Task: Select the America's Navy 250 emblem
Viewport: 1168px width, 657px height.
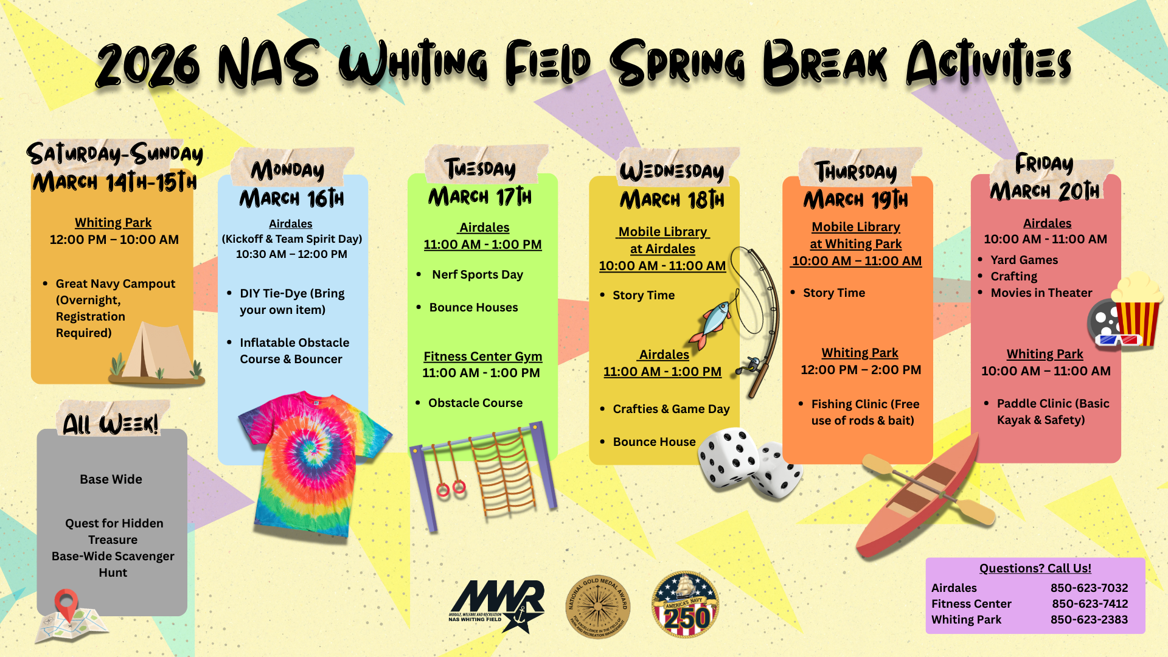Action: (x=686, y=604)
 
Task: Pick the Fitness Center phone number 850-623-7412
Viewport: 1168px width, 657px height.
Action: (x=1090, y=603)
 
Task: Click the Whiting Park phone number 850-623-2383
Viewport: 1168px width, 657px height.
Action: (x=1089, y=619)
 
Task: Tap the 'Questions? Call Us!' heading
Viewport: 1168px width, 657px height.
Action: (x=1035, y=568)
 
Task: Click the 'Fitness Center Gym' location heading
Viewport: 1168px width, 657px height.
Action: (x=482, y=356)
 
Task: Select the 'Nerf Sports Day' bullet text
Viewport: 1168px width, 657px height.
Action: (x=477, y=274)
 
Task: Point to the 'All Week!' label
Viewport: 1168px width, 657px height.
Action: (x=111, y=423)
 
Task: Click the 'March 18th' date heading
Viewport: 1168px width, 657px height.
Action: (x=672, y=200)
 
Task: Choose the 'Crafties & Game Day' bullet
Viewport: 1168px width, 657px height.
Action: (x=671, y=409)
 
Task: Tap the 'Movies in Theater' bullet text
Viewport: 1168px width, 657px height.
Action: (x=1041, y=293)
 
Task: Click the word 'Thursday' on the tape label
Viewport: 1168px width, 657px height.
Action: (x=855, y=172)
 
